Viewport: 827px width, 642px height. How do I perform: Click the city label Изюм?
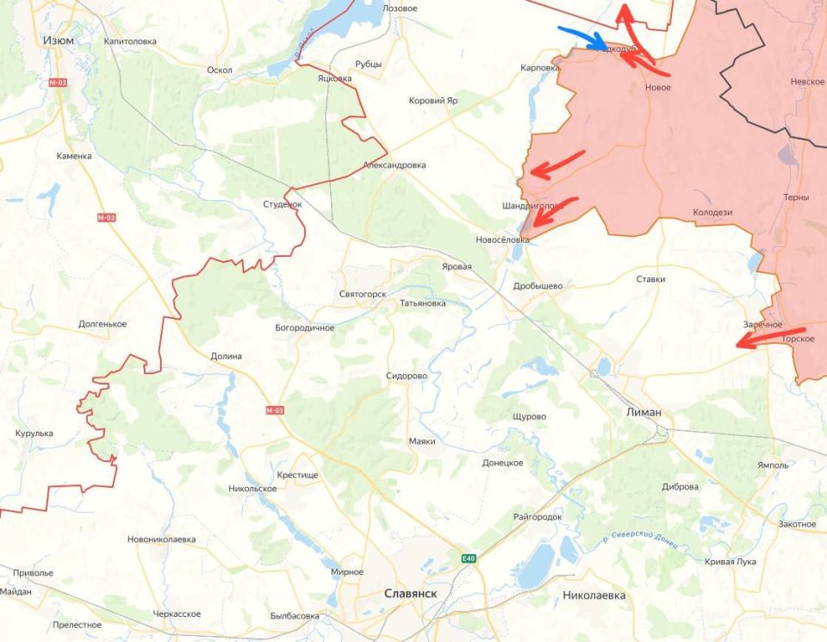pyautogui.click(x=58, y=41)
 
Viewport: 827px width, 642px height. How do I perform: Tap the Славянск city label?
pyautogui.click(x=410, y=594)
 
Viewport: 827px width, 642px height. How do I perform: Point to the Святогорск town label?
pyautogui.click(x=362, y=294)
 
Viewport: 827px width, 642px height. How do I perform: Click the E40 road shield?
pyautogui.click(x=468, y=558)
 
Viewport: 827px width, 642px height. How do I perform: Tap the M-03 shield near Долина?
pyautogui.click(x=274, y=410)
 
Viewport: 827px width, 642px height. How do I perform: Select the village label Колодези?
pyautogui.click(x=712, y=212)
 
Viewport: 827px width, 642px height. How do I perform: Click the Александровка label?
pyautogui.click(x=395, y=165)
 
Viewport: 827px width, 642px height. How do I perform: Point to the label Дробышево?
pyautogui.click(x=538, y=285)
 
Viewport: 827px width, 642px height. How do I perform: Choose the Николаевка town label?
pyautogui.click(x=594, y=595)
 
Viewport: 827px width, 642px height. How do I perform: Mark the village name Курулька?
pyautogui.click(x=34, y=433)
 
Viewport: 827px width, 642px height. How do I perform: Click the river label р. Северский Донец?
pyautogui.click(x=641, y=539)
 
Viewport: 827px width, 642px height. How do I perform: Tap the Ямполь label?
pyautogui.click(x=773, y=465)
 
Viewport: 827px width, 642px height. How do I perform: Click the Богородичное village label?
pyautogui.click(x=304, y=328)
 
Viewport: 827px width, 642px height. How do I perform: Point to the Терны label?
pyautogui.click(x=796, y=197)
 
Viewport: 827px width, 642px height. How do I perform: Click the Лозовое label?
pyautogui.click(x=400, y=8)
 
